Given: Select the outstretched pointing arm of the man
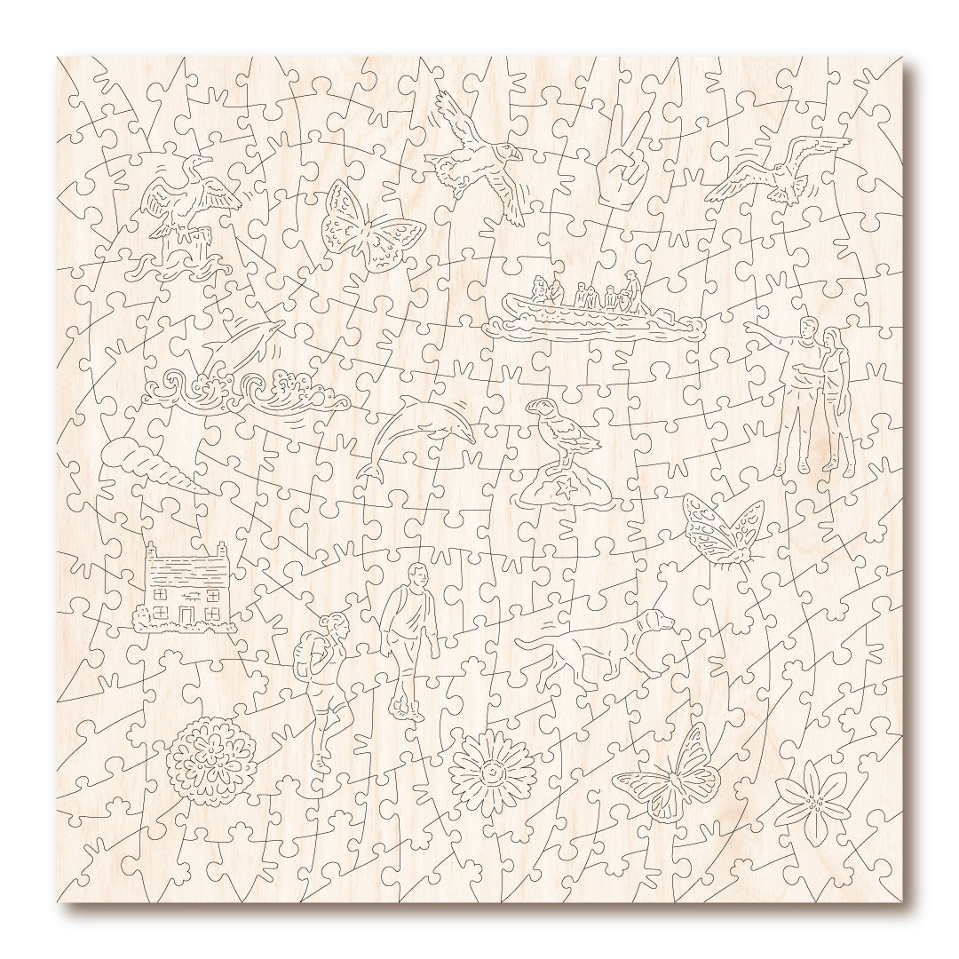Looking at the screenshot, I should [x=768, y=333].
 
